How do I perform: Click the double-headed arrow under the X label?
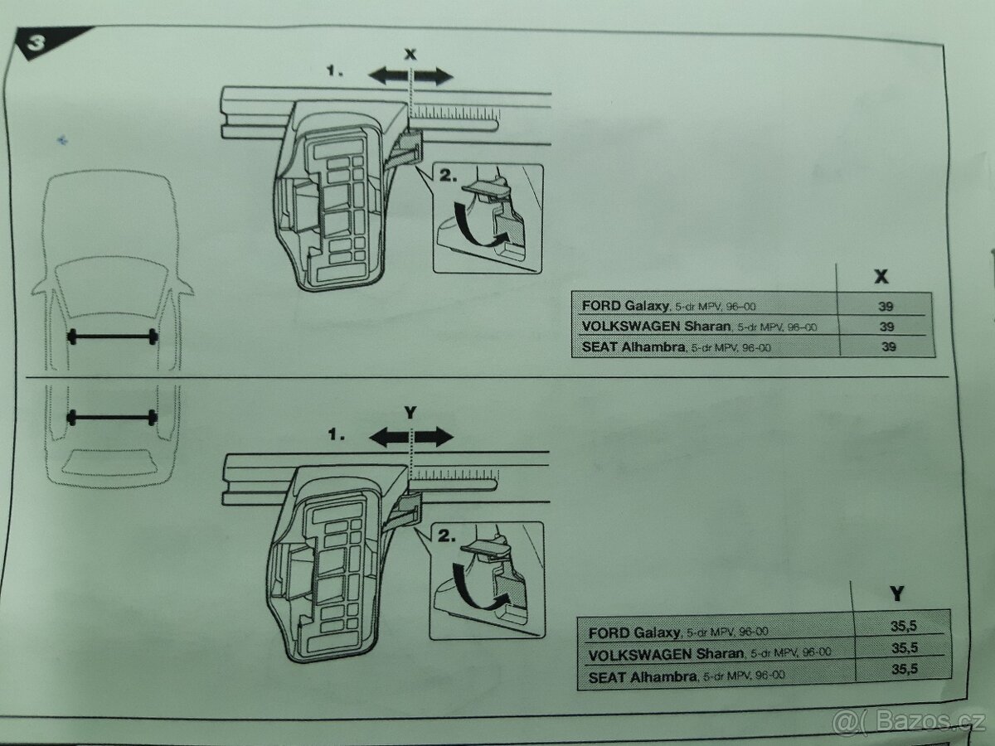click(x=410, y=77)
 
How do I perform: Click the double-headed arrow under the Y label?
click(x=411, y=437)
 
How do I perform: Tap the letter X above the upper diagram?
click(x=410, y=55)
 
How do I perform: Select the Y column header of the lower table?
click(x=896, y=593)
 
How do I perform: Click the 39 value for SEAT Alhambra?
click(x=888, y=346)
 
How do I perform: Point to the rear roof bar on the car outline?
click(x=113, y=416)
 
